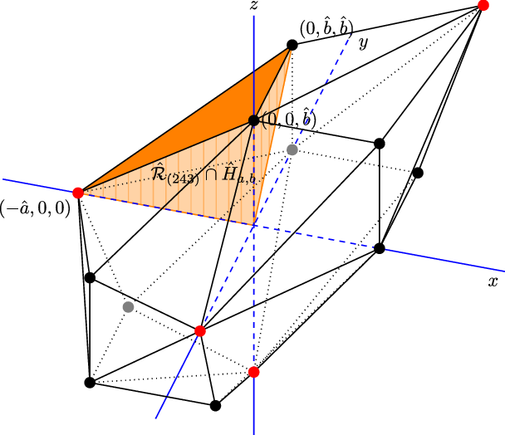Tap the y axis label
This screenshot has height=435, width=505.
click(x=363, y=43)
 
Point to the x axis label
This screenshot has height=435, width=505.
click(x=493, y=282)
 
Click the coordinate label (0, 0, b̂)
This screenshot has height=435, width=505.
click(x=289, y=120)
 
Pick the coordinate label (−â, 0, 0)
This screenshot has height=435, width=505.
click(x=36, y=208)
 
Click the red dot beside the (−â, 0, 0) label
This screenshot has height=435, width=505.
click(x=78, y=193)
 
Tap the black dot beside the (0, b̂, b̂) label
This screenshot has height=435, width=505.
click(x=292, y=45)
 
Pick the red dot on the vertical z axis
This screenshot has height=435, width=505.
click(x=254, y=372)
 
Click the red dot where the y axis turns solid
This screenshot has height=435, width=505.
click(x=199, y=331)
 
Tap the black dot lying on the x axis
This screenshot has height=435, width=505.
click(x=380, y=248)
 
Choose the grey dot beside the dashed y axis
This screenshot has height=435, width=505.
click(x=292, y=149)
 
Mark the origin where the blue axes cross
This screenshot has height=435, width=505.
click(x=254, y=224)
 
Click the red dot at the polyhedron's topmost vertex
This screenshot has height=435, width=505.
click(x=484, y=6)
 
